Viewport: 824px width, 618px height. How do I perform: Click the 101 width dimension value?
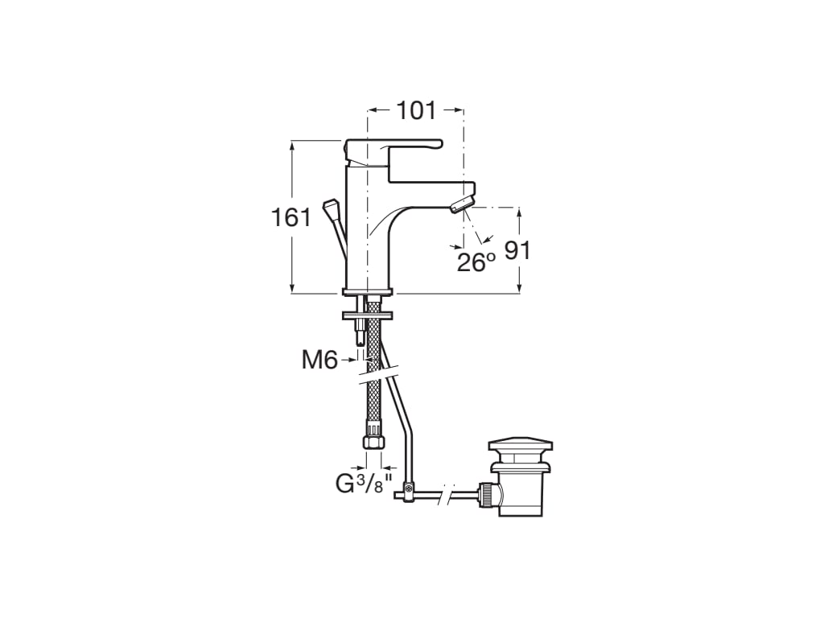pyautogui.click(x=416, y=110)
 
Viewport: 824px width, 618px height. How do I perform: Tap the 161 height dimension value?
pyautogui.click(x=291, y=217)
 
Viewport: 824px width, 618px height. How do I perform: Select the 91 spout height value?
pyautogui.click(x=517, y=251)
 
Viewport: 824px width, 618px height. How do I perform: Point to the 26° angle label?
pyautogui.click(x=476, y=262)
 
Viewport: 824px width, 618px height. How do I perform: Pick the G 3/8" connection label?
pyautogui.click(x=365, y=483)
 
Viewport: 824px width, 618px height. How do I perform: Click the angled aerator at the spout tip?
pyautogui.click(x=461, y=204)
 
